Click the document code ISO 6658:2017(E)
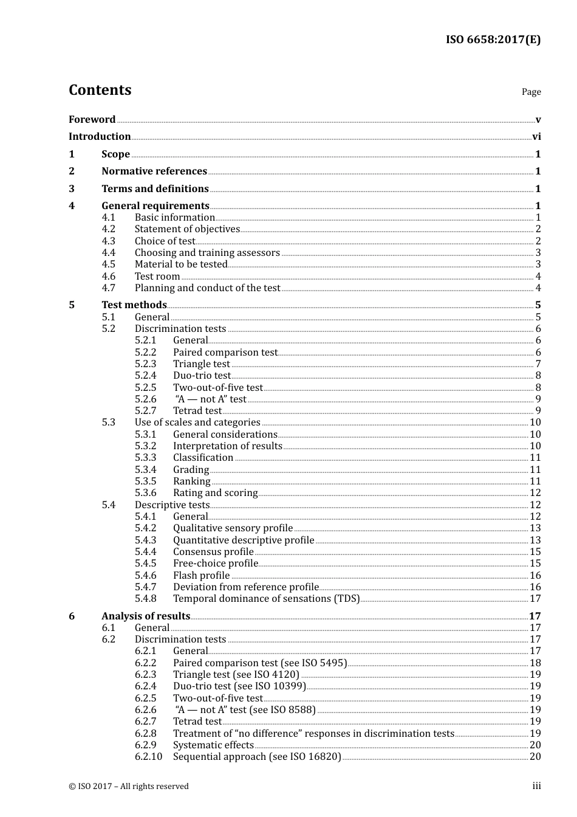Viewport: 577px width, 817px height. (493, 40)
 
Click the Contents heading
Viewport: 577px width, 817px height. (100, 90)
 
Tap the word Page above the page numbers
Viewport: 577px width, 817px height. (531, 92)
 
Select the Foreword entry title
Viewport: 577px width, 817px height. (92, 120)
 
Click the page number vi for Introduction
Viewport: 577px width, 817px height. (536, 137)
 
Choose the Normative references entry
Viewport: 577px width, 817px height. (154, 171)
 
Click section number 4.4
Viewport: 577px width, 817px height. (108, 253)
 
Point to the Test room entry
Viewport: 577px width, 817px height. (157, 277)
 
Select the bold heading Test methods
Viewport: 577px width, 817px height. (134, 305)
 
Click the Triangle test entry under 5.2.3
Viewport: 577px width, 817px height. (202, 364)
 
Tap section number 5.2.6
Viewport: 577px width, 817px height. (145, 399)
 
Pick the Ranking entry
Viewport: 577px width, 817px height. (191, 481)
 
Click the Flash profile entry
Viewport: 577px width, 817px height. (201, 576)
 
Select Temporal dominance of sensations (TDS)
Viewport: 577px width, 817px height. (266, 599)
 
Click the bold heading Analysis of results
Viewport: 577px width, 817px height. (146, 616)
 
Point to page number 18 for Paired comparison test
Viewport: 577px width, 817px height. (535, 663)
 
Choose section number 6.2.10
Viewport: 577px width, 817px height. (148, 757)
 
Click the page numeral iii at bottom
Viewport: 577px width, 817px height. (536, 786)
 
